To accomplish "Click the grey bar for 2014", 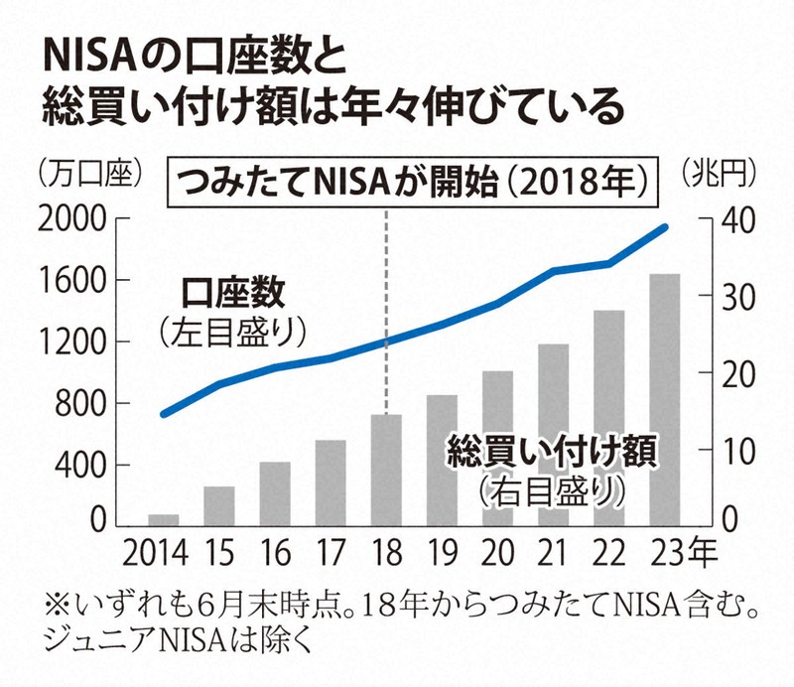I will [x=163, y=519].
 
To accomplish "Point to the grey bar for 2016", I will [x=275, y=493].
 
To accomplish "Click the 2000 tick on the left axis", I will [x=76, y=218].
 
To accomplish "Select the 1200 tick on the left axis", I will [x=76, y=343].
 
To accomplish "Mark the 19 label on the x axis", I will [x=442, y=548].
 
